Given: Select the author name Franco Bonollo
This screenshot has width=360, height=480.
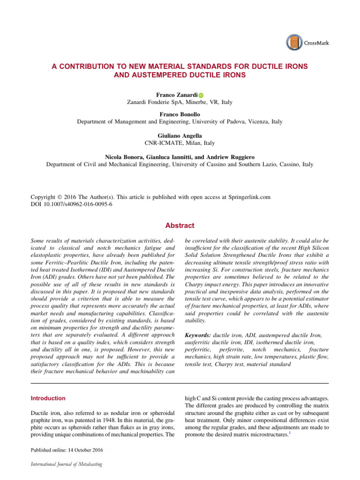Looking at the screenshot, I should (x=180, y=114).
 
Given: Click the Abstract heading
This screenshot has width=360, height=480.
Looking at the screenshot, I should (x=180, y=225).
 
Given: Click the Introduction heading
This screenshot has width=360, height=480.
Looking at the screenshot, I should (x=48, y=398).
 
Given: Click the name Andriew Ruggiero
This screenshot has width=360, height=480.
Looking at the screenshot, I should (x=239, y=157).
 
